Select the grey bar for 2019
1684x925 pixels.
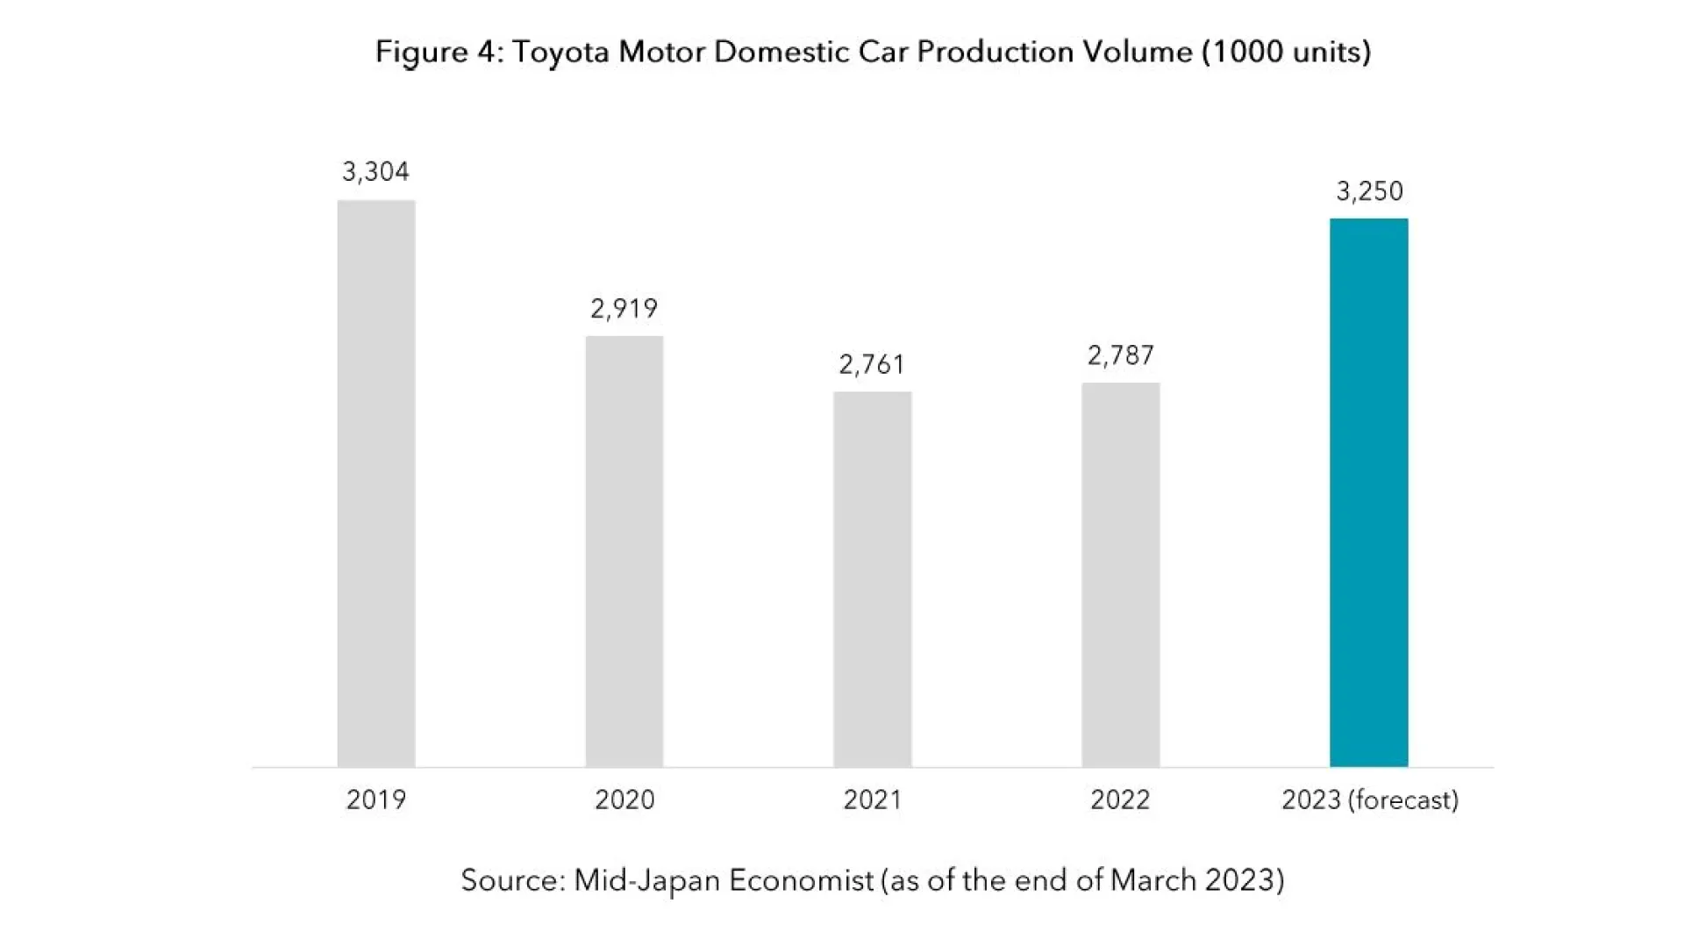coord(376,483)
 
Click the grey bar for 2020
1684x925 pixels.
coord(624,551)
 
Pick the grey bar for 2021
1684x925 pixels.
coord(872,579)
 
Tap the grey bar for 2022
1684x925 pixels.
coord(1120,575)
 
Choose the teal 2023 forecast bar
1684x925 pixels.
coord(1368,492)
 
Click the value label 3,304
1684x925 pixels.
coord(375,172)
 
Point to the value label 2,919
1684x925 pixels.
coord(624,309)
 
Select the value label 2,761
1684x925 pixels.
coord(872,364)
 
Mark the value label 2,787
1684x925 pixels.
coord(1120,355)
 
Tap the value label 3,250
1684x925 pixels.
coord(1369,191)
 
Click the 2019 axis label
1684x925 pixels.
coord(376,800)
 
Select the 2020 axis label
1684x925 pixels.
coord(624,800)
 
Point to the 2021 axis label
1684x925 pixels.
coord(872,800)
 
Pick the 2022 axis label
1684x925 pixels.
coord(1120,800)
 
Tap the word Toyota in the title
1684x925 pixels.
coord(561,52)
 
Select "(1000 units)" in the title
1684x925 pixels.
coord(1287,52)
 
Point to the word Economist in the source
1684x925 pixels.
coord(802,879)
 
